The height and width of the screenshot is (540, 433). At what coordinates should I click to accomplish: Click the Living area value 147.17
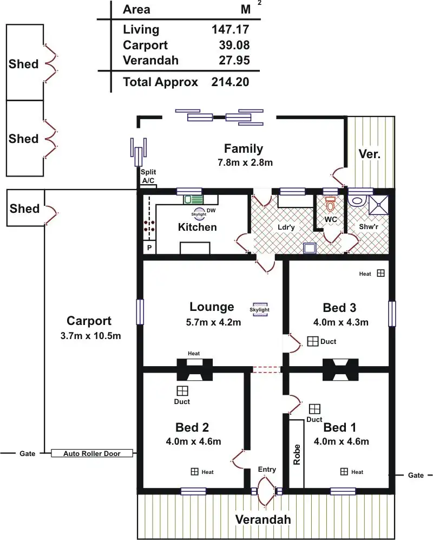click(x=231, y=29)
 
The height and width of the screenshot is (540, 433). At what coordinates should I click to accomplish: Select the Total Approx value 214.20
click(x=231, y=82)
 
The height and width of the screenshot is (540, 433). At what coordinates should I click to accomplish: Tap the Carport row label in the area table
click(x=145, y=45)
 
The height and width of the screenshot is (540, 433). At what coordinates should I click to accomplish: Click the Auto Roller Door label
click(x=92, y=453)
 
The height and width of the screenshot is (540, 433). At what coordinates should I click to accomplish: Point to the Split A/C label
click(x=148, y=175)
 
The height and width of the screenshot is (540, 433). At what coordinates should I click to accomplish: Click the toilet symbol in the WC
click(x=330, y=205)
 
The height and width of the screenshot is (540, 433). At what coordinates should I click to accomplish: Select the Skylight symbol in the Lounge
click(x=259, y=308)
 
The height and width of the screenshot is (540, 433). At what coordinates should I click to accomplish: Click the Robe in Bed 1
click(x=296, y=453)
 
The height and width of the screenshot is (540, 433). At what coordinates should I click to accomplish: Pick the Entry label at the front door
click(x=267, y=469)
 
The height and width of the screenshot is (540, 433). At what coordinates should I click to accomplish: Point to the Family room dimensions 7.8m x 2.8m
click(x=244, y=162)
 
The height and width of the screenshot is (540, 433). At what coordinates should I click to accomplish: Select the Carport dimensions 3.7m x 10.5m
click(x=90, y=336)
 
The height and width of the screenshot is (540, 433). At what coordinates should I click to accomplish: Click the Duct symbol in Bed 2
click(x=182, y=391)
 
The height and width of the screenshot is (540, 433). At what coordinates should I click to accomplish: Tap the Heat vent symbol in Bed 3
click(x=380, y=274)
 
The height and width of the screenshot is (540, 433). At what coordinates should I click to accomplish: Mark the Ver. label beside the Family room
click(x=370, y=154)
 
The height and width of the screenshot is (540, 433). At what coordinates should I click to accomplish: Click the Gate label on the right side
click(x=416, y=475)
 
